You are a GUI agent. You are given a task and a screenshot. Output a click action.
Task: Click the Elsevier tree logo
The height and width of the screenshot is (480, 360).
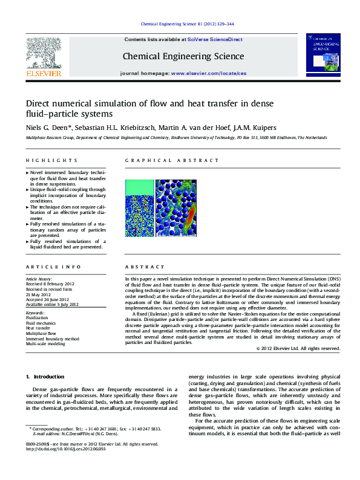(43, 53)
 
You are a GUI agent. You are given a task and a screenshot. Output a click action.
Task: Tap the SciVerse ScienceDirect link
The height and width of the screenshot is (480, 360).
(215, 39)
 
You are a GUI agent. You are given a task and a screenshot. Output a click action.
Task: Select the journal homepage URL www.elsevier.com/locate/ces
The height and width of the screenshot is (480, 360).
(209, 73)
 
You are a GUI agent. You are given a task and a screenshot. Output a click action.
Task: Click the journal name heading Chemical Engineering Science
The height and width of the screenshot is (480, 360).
(183, 56)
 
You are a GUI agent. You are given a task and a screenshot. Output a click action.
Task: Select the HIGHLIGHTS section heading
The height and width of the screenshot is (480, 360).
(51, 160)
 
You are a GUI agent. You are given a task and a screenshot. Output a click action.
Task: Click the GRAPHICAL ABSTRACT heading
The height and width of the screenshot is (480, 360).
(172, 160)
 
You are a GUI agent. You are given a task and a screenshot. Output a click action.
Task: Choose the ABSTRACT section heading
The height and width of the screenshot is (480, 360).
(145, 267)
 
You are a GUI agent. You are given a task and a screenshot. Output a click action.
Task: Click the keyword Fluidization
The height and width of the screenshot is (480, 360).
(38, 317)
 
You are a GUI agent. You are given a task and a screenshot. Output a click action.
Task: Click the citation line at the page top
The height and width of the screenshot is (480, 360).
(187, 24)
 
